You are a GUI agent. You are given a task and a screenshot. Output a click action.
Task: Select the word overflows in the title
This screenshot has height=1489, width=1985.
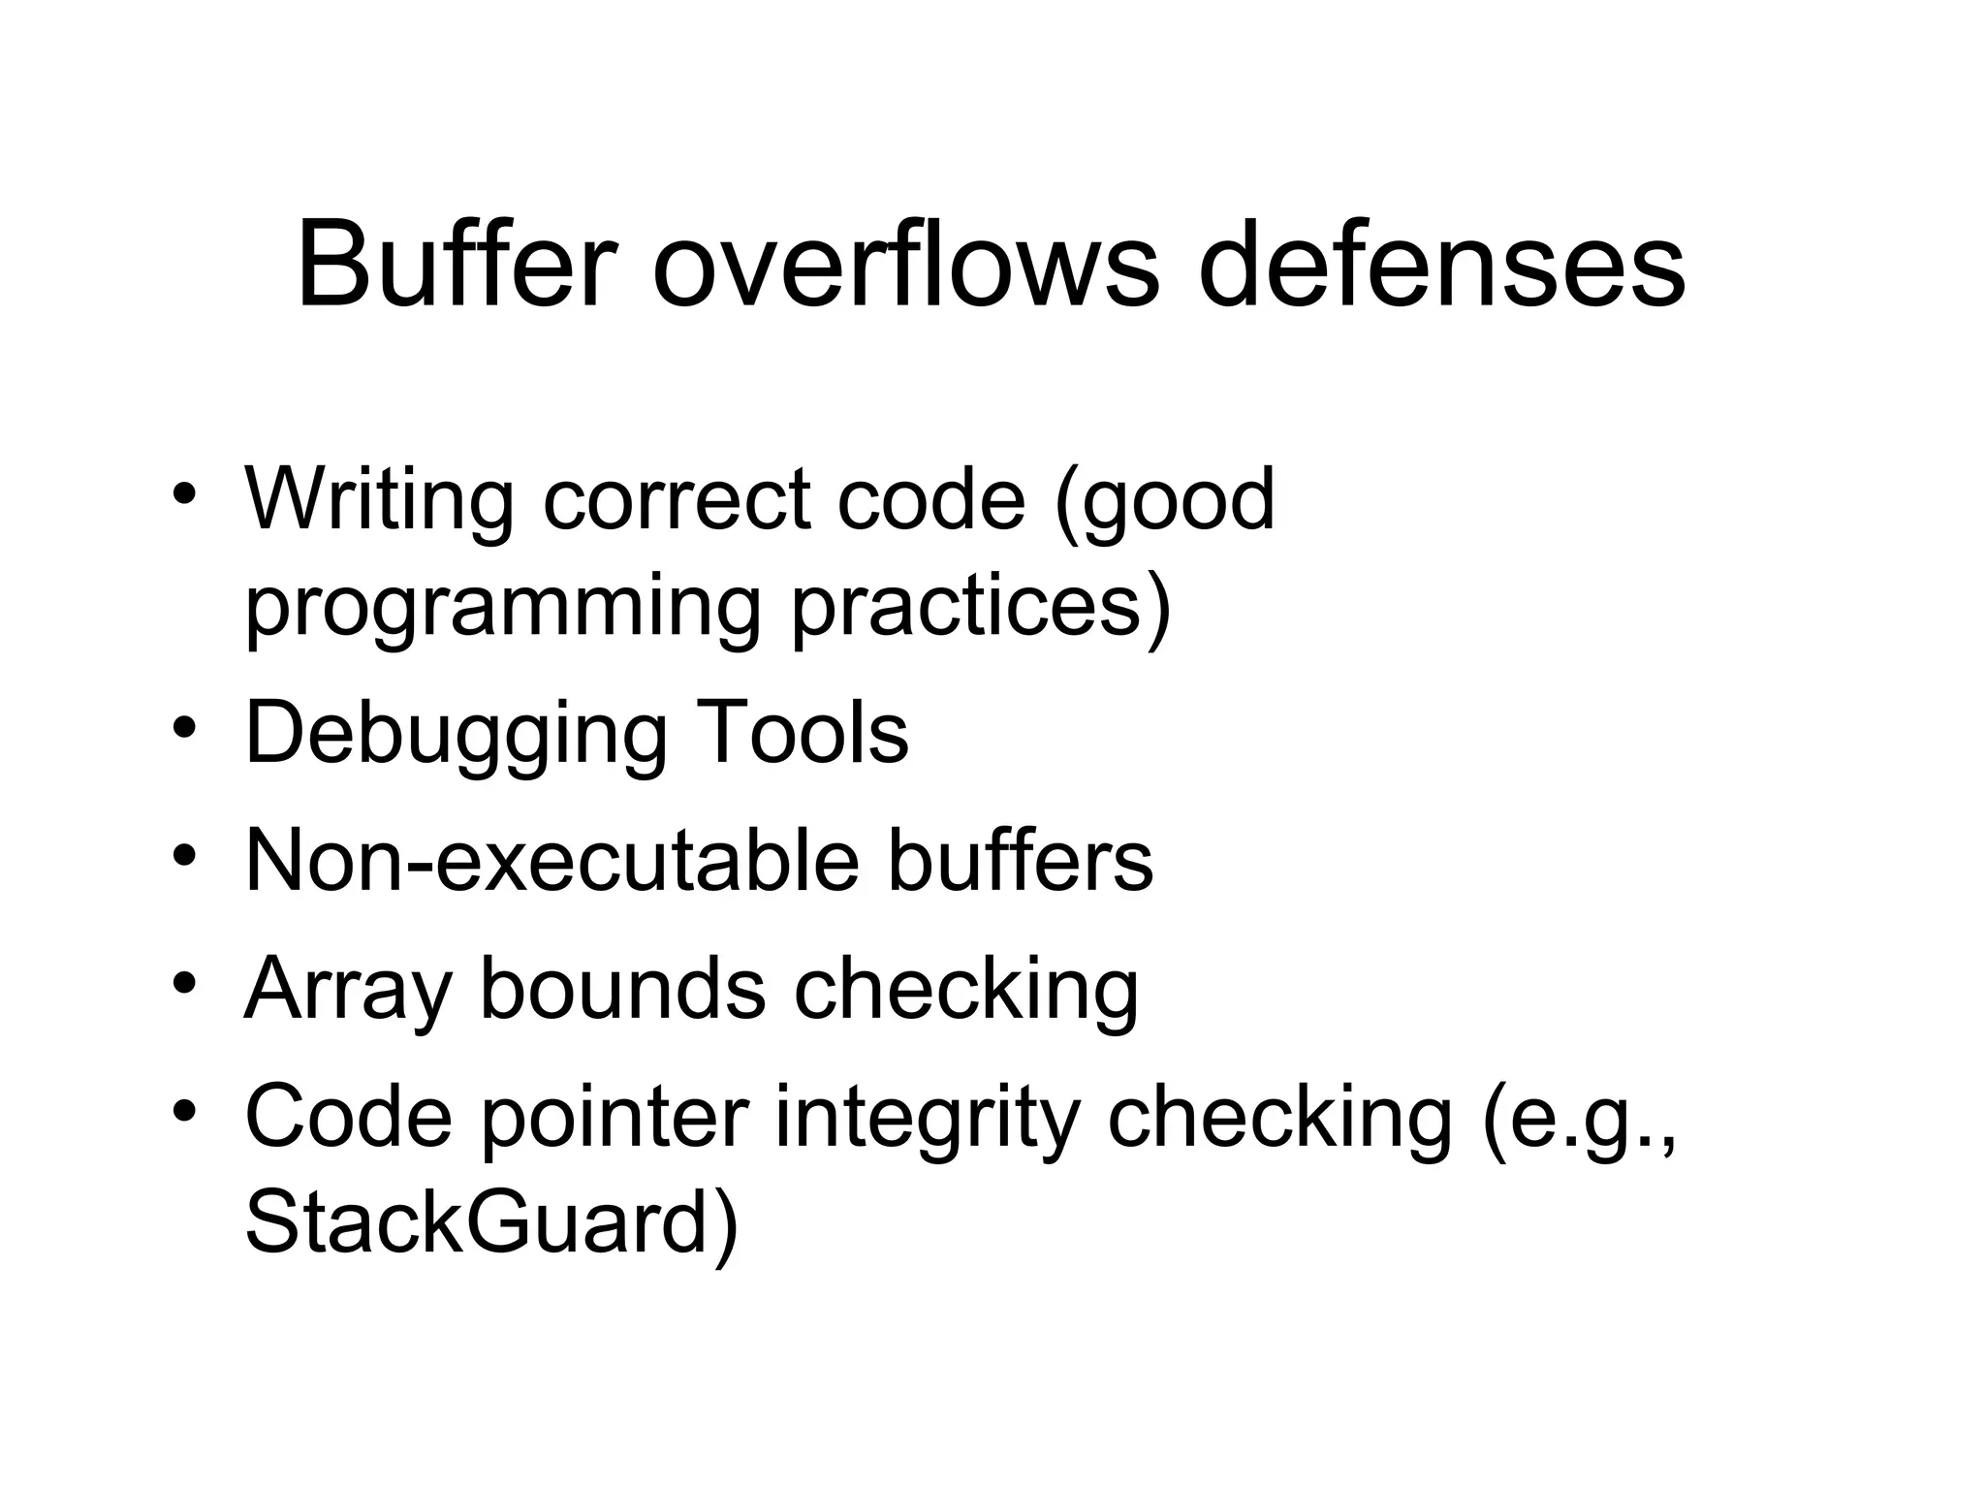pyautogui.click(x=906, y=264)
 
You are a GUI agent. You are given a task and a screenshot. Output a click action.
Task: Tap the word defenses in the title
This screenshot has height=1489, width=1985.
pyautogui.click(x=1442, y=264)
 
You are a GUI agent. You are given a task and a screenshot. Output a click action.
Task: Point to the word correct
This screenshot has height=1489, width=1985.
pyautogui.click(x=677, y=501)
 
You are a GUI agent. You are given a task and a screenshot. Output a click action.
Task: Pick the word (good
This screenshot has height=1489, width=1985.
pyautogui.click(x=1164, y=501)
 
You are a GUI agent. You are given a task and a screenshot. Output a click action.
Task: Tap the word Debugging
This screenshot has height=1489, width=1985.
pyautogui.click(x=457, y=734)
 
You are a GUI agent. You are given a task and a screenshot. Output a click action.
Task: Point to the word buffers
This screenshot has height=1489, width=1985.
pyautogui.click(x=1020, y=860)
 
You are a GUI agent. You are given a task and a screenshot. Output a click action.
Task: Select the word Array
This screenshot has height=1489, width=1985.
pyautogui.click(x=348, y=990)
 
